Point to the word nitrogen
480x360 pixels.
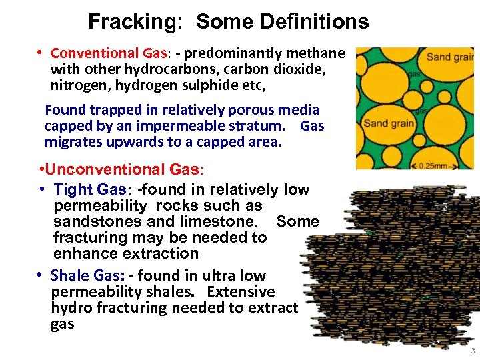pos(78,85)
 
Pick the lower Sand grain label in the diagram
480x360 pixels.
pos(390,122)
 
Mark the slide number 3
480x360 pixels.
pos(473,351)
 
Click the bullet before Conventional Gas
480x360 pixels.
pos(40,53)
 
